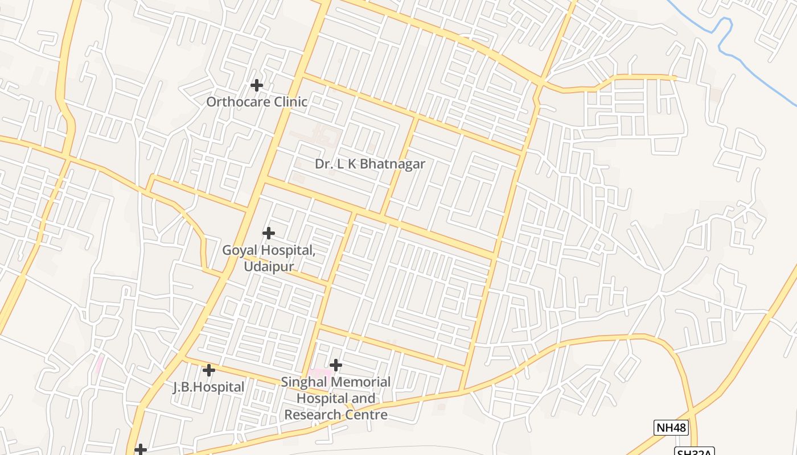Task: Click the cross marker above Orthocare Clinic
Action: (257, 85)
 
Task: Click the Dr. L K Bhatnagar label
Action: (370, 164)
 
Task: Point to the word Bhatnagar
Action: (393, 164)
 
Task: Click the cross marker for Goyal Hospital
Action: (268, 233)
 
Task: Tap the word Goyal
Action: (239, 250)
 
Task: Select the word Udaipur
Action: (269, 266)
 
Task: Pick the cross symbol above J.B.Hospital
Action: (209, 370)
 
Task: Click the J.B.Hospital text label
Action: (208, 387)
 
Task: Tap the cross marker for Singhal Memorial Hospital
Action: (336, 365)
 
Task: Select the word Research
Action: (310, 415)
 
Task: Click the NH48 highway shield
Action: (671, 428)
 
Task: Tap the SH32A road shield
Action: (694, 452)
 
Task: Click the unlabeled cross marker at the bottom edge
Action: (140, 450)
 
